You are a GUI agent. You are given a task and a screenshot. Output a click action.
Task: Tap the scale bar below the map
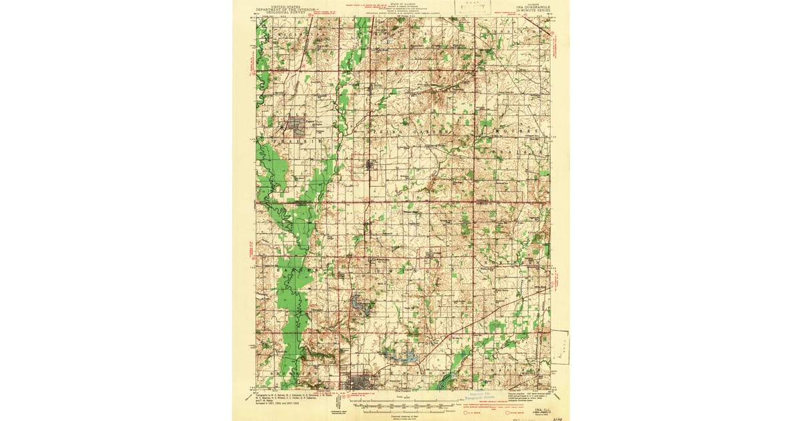tap(404, 403)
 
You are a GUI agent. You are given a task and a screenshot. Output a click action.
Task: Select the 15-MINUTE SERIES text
tap(535, 11)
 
